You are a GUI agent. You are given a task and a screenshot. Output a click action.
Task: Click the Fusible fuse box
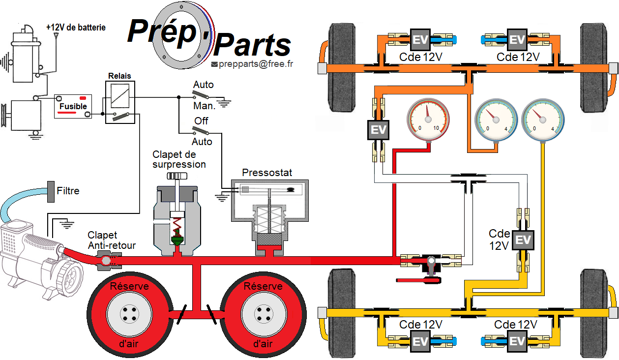[73, 106]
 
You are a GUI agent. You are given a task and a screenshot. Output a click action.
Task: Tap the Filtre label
[68, 191]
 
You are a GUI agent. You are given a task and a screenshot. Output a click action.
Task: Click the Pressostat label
[267, 173]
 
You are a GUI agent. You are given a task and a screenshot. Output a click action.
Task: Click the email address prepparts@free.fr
[255, 64]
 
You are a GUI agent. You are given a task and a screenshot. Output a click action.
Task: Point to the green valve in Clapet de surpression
[176, 240]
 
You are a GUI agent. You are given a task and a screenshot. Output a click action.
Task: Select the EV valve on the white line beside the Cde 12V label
[523, 240]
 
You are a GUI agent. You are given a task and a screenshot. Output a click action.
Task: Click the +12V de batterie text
[76, 28]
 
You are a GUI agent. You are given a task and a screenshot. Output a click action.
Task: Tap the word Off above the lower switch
[201, 121]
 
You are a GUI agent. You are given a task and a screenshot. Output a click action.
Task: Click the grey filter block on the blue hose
[51, 191]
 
